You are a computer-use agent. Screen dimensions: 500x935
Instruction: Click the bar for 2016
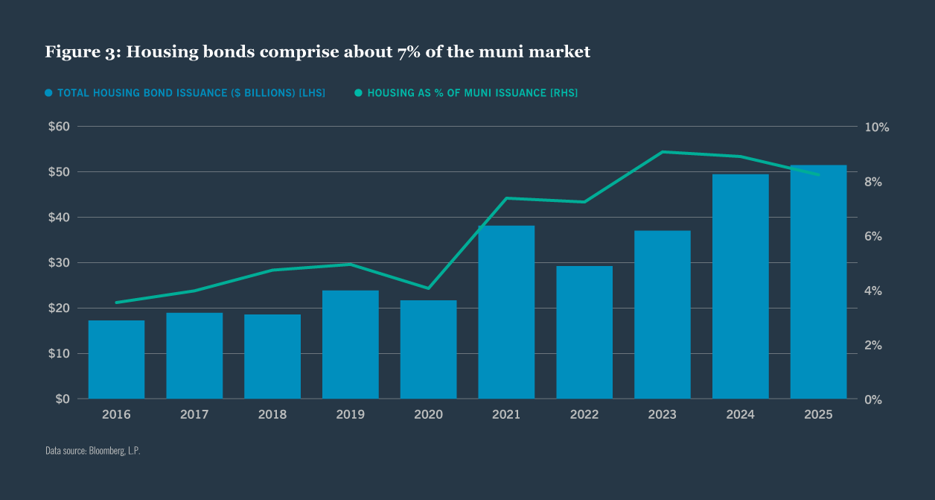coord(116,359)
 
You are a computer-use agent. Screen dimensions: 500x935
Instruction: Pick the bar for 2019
coord(350,344)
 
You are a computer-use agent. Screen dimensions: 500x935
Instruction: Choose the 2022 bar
coord(584,332)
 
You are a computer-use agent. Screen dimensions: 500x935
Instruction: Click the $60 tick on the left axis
coord(59,127)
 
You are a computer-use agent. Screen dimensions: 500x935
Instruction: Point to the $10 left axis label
coord(59,353)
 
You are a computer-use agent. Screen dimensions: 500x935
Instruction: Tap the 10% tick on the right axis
coord(877,127)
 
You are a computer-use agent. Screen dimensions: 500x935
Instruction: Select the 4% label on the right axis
coord(873,291)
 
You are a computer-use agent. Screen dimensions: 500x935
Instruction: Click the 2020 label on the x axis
coord(428,414)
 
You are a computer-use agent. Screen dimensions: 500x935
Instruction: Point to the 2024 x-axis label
coord(740,414)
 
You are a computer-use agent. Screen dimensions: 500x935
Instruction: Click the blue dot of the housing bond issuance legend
coord(49,93)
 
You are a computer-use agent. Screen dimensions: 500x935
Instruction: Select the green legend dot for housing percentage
coord(358,93)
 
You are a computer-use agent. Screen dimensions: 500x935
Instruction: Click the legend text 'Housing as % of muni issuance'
coord(472,93)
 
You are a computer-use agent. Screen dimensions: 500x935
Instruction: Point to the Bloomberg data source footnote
coord(92,451)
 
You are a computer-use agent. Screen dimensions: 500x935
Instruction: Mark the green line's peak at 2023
coord(663,152)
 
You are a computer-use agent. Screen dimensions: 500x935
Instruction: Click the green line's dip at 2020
coord(428,288)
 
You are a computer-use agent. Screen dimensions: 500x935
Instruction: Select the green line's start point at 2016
coord(116,303)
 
